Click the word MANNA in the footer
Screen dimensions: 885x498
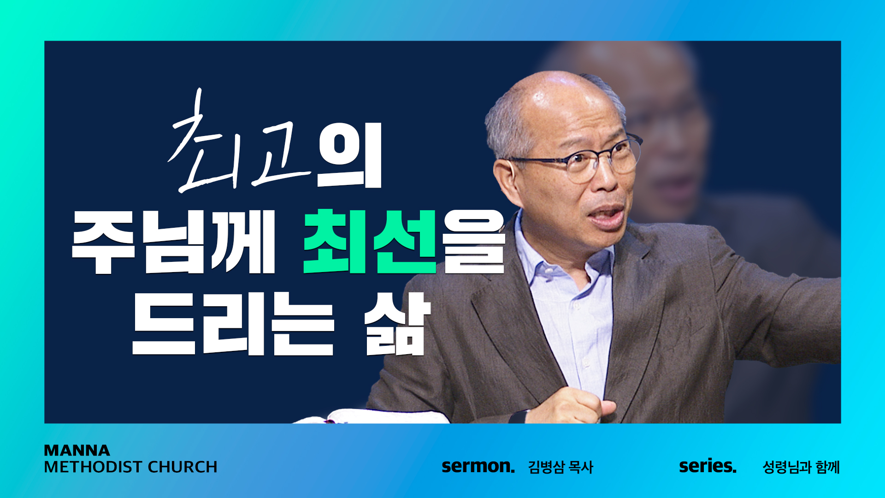(77, 450)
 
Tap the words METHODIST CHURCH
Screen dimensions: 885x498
(130, 467)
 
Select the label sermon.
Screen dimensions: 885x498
(478, 466)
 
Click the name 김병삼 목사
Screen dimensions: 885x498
(560, 467)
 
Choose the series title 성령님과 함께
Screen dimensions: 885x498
(801, 467)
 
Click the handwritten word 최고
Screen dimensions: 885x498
(240, 143)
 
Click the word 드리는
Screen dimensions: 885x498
(233, 323)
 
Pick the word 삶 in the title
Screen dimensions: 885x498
(397, 324)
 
